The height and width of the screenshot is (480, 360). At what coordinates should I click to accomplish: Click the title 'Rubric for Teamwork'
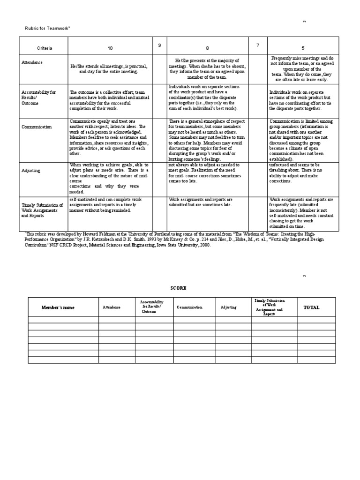[x=47, y=29]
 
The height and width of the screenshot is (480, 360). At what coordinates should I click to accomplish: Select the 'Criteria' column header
[x=45, y=48]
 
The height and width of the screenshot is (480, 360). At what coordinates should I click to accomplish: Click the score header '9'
[x=159, y=45]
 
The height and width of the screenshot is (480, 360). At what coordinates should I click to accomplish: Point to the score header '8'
[x=207, y=48]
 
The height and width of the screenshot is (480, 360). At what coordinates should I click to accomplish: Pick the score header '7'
[x=257, y=45]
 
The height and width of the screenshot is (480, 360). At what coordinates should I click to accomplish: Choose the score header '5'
[x=303, y=48]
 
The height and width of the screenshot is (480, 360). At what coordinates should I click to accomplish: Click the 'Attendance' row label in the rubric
[x=32, y=62]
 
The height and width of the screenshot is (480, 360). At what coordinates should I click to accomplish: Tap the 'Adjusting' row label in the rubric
[x=31, y=171]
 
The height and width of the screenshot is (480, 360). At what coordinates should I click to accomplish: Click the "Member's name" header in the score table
[x=58, y=307]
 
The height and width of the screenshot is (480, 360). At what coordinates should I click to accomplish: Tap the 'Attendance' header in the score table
[x=112, y=307]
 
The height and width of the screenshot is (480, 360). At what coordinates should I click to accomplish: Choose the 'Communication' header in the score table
[x=190, y=307]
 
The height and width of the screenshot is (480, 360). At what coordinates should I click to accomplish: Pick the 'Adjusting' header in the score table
[x=229, y=307]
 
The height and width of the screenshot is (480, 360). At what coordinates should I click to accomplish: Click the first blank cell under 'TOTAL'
[x=316, y=320]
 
